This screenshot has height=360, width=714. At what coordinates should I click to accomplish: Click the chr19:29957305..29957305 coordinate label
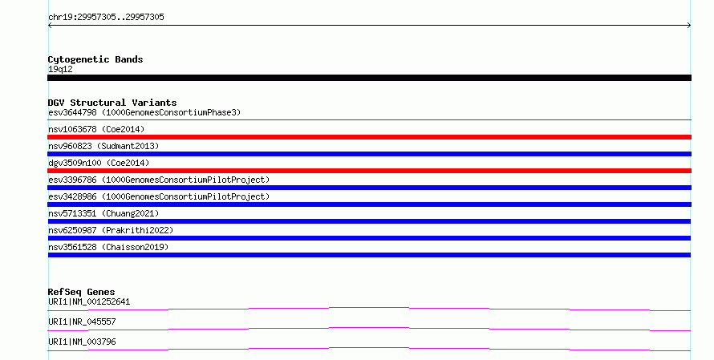(106, 18)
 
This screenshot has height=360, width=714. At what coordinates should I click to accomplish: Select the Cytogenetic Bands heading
(95, 59)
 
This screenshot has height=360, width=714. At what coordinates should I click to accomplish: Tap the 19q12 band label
(60, 69)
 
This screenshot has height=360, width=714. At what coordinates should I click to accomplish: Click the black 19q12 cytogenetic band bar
(369, 78)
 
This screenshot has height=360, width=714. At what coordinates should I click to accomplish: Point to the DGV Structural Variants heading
(112, 103)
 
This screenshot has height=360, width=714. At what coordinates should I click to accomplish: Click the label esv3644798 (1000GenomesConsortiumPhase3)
(144, 112)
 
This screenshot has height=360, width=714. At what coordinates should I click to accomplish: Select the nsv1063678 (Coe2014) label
(96, 129)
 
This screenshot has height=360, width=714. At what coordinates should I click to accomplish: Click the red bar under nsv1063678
(369, 137)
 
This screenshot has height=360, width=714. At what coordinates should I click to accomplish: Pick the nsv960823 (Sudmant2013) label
(103, 146)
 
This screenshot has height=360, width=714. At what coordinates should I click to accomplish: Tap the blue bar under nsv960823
(369, 154)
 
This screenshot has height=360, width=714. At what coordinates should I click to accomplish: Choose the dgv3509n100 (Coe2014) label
(99, 163)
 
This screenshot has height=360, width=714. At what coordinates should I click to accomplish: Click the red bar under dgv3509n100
(369, 171)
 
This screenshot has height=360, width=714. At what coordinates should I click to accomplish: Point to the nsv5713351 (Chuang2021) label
(103, 213)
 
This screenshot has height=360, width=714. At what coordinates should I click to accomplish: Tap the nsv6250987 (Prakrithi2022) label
(111, 230)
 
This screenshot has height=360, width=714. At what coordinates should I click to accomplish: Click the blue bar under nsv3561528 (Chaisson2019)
(369, 255)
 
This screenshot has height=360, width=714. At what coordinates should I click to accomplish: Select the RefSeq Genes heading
(81, 292)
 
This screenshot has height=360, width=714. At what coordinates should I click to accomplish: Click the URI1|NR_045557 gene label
(82, 322)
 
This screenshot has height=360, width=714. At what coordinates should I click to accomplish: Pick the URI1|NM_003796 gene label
(82, 342)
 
